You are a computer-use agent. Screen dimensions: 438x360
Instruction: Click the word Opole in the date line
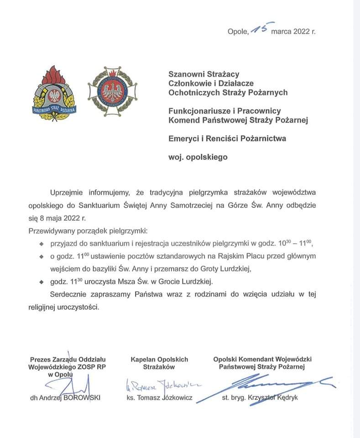pyautogui.click(x=238, y=31)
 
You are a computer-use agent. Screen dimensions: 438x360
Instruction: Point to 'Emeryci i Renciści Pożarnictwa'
pyautogui.click(x=227, y=138)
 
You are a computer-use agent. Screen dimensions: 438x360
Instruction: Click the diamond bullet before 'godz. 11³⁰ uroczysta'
pyautogui.click(x=41, y=281)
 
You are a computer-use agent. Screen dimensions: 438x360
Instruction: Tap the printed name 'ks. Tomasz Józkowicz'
pyautogui.click(x=159, y=398)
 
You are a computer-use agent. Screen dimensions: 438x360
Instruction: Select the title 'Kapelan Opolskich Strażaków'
pyautogui.click(x=159, y=363)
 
